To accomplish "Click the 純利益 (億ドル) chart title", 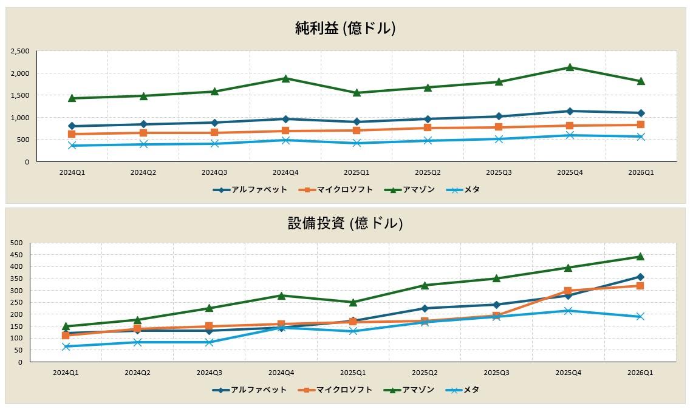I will [x=346, y=28].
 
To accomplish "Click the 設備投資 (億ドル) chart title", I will [x=346, y=223].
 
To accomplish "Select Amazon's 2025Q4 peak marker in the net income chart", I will [x=570, y=67].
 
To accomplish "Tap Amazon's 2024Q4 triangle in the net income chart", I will [x=285, y=78].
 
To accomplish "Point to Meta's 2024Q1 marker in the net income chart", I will [x=72, y=146].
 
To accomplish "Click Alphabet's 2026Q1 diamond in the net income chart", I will [x=641, y=113].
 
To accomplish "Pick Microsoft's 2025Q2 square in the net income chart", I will [x=428, y=127].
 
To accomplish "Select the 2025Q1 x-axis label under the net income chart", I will [x=357, y=172].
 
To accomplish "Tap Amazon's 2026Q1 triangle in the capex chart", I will [x=640, y=257].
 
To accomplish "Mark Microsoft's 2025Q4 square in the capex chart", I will [x=568, y=291].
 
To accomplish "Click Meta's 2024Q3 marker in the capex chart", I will [x=209, y=342].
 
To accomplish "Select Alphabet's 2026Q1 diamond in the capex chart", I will [x=640, y=277].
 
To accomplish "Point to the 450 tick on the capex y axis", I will [x=17, y=255].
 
